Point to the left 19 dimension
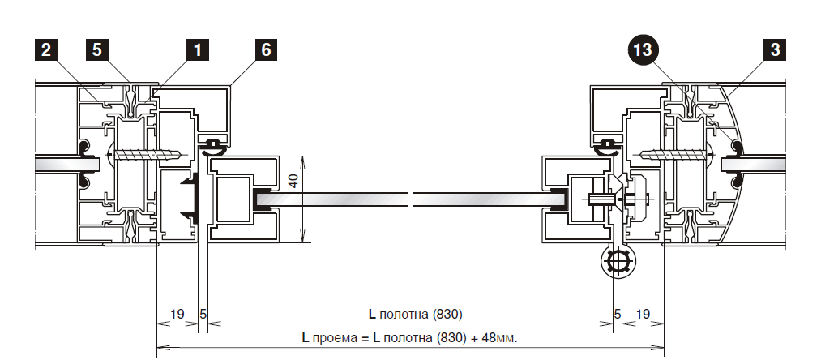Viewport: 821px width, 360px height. (x=176, y=313)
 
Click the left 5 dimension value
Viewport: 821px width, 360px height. (x=203, y=313)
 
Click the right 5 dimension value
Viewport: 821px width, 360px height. (x=617, y=313)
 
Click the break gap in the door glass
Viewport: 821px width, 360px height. (x=411, y=198)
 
